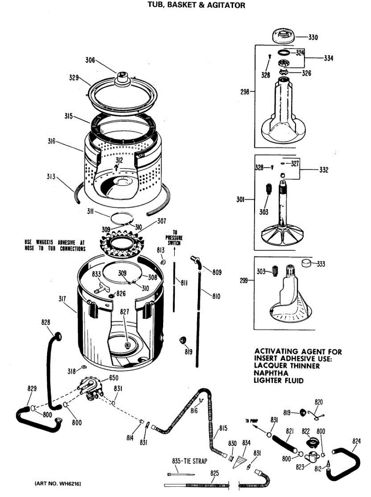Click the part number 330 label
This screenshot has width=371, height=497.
point(313,37)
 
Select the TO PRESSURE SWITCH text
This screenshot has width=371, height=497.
point(174,238)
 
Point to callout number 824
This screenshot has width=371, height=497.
point(357,441)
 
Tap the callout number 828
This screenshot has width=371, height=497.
point(46,322)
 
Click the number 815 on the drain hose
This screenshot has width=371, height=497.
point(223,428)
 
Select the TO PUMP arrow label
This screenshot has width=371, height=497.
point(251,421)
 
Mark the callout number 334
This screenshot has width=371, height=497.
point(328,58)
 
